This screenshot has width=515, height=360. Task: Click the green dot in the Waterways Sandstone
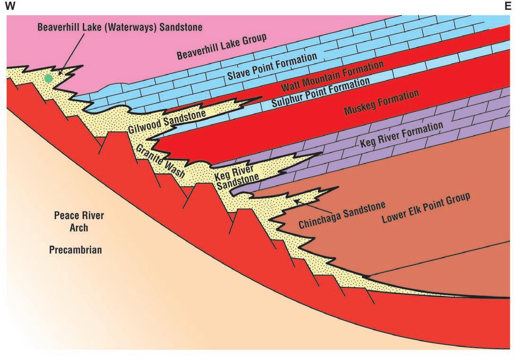coord(48,78)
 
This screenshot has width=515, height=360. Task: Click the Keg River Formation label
coord(402,135)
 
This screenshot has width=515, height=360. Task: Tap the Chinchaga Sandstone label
coord(342,215)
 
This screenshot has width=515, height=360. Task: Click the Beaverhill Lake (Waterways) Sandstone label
coord(120,27)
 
